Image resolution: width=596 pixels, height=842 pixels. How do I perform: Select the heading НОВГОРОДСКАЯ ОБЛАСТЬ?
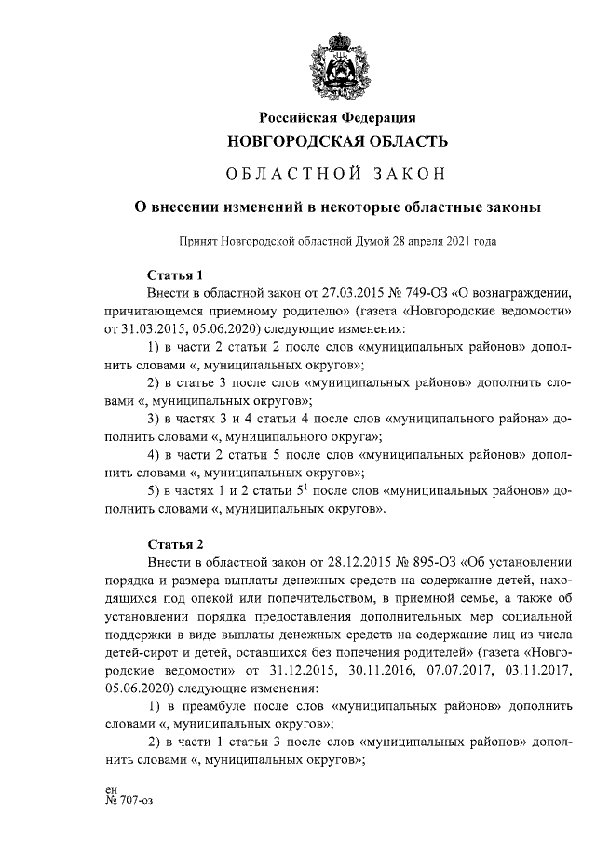click(x=339, y=142)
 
